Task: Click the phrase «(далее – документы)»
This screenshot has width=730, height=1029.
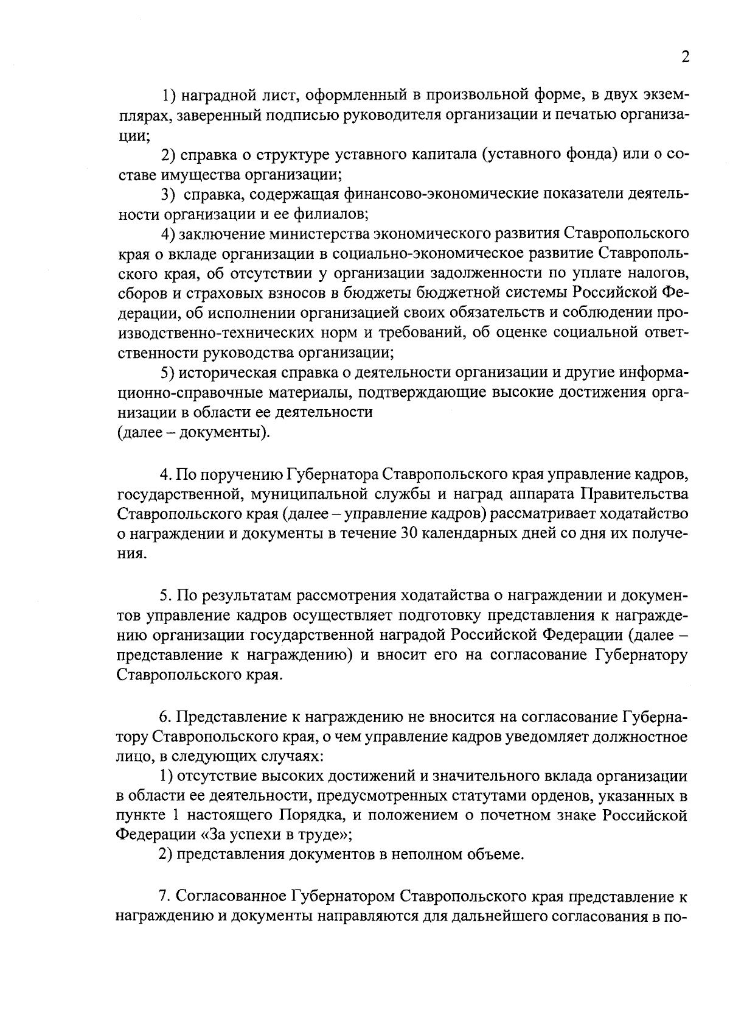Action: (x=193, y=432)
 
